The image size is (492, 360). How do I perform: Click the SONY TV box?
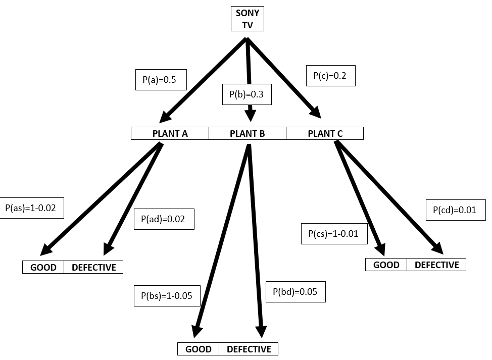[x=247, y=19]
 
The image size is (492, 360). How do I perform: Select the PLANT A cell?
[x=170, y=133]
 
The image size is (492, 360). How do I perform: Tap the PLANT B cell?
[x=248, y=133]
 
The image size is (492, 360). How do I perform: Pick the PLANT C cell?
[x=325, y=133]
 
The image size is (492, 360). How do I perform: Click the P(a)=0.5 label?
[x=161, y=80]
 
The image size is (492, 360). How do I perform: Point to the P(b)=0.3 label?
[x=247, y=94]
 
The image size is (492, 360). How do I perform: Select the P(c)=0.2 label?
[x=331, y=76]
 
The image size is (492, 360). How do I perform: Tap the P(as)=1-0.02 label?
[x=32, y=208]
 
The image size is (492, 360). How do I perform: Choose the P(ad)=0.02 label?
[x=164, y=219]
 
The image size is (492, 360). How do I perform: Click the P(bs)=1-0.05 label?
[x=167, y=295]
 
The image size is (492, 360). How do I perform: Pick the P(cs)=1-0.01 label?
[x=334, y=234]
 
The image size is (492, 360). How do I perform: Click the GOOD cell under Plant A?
[x=43, y=267]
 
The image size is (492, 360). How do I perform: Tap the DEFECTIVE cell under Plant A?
[x=93, y=267]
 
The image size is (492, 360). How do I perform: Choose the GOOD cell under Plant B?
[x=199, y=349]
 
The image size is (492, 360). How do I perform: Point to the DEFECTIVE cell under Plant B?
[x=249, y=349]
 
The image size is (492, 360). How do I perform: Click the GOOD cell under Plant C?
[x=386, y=265]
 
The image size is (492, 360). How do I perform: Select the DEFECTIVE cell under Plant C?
[x=436, y=265]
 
